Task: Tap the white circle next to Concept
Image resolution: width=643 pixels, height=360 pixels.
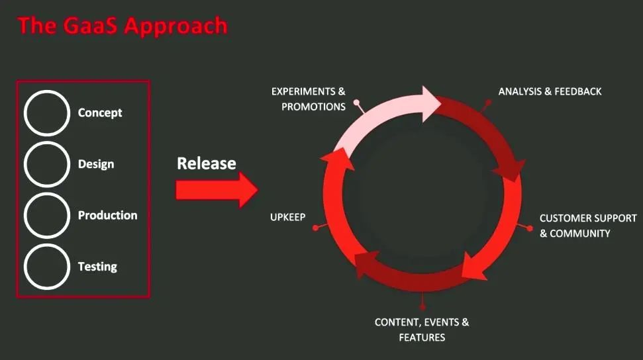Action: pyautogui.click(x=25, y=112)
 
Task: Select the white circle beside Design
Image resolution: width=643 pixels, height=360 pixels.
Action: pyautogui.click(x=25, y=164)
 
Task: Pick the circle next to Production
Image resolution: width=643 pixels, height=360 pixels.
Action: pyautogui.click(x=25, y=215)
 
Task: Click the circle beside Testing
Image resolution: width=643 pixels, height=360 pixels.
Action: pyautogui.click(x=25, y=267)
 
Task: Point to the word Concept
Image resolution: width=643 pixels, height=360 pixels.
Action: pyautogui.click(x=100, y=112)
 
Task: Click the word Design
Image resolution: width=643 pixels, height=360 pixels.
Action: pyautogui.click(x=96, y=164)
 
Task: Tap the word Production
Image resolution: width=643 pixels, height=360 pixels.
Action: pyautogui.click(x=107, y=215)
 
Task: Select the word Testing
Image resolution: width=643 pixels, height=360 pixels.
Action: pyautogui.click(x=97, y=267)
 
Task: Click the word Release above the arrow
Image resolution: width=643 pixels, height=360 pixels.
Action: pyautogui.click(x=206, y=163)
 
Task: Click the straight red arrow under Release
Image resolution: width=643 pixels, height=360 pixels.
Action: pyautogui.click(x=217, y=190)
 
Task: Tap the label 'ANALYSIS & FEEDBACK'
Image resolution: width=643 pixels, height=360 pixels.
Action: pyautogui.click(x=550, y=91)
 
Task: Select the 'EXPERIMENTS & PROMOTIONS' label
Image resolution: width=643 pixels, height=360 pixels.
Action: pyautogui.click(x=309, y=99)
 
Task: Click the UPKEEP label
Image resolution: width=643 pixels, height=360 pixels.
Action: pyautogui.click(x=288, y=217)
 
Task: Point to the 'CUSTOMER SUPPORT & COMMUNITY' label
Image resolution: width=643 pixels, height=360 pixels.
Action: pyautogui.click(x=588, y=226)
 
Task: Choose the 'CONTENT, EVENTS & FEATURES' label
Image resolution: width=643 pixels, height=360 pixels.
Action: pyautogui.click(x=422, y=330)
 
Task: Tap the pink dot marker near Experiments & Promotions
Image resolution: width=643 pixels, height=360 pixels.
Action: pyautogui.click(x=357, y=102)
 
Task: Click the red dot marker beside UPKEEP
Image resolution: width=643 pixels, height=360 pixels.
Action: pyautogui.click(x=315, y=228)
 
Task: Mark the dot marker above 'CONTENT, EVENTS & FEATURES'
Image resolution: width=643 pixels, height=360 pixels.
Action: pyautogui.click(x=422, y=306)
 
